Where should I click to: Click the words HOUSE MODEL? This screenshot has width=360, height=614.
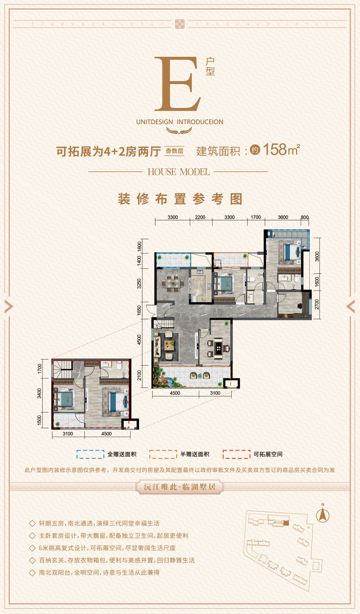click(x=179, y=172)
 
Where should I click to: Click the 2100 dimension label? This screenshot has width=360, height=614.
click(x=140, y=375)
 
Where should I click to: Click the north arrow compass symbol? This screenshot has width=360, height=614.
click(x=322, y=513)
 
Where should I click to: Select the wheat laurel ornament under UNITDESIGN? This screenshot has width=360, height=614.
click(x=179, y=131)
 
